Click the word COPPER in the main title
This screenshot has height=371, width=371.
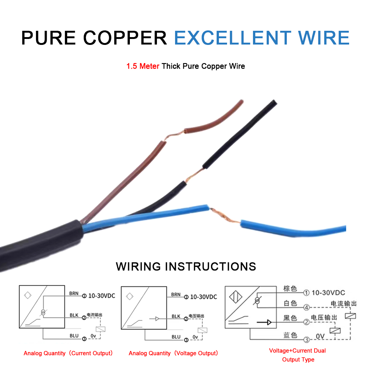tap(125, 38)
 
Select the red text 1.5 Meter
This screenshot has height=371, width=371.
tap(143, 66)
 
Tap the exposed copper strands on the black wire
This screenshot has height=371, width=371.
tap(194, 175)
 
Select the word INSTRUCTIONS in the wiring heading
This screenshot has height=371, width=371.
tap(211, 266)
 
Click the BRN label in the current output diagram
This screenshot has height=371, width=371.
tap(74, 293)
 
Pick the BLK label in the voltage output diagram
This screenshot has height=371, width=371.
tap(176, 316)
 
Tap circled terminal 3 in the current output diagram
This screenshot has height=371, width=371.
tap(84, 339)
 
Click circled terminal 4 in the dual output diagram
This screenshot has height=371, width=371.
tap(306, 307)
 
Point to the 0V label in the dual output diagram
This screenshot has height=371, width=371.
tap(320, 336)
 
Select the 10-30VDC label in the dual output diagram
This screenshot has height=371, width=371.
tap(328, 293)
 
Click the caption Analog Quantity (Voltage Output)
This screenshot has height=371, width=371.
tap(173, 353)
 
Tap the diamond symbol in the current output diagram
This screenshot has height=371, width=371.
tap(28, 295)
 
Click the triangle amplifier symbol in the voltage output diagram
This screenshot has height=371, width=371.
tap(157, 319)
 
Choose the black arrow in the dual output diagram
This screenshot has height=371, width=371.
tap(264, 322)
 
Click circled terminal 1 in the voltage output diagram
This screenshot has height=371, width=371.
tap(186, 297)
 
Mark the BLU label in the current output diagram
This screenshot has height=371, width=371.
tap(74, 336)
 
